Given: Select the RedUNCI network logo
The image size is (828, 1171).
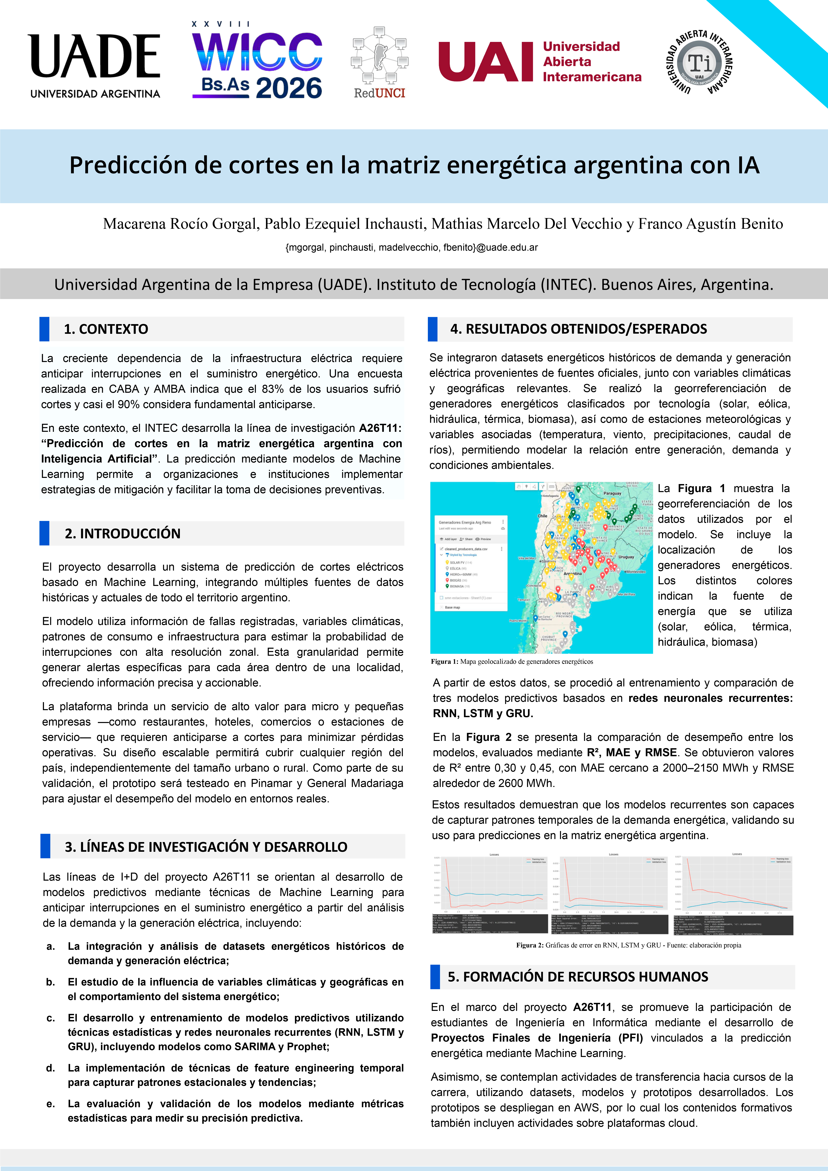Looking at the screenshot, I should (380, 62).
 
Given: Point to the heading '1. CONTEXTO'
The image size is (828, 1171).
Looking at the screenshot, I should (106, 329).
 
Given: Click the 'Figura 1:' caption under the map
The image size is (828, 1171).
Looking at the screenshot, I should (444, 662).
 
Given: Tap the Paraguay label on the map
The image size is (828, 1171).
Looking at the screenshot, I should (612, 493).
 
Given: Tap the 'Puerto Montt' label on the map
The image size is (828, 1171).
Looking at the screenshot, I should (518, 621).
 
